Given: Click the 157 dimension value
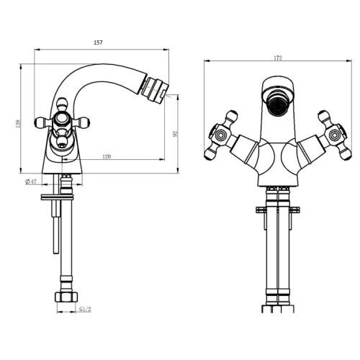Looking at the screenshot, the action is click(98, 42).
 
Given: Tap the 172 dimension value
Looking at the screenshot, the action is click(278, 58).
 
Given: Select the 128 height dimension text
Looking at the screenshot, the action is click(18, 123).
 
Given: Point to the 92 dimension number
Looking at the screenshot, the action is click(176, 134).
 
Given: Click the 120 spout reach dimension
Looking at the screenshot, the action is click(107, 156).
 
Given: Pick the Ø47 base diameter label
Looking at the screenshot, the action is click(31, 181).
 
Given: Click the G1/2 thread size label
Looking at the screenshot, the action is click(85, 309).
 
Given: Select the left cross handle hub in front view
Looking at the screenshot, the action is click(220, 135).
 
